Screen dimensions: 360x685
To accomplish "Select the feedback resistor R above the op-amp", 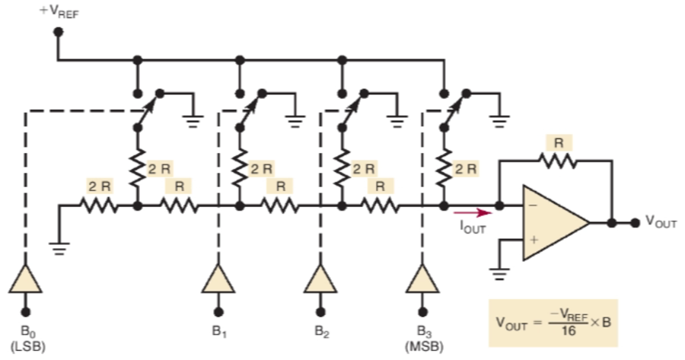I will tap(559, 161).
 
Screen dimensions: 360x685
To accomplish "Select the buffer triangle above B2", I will tap(320, 282).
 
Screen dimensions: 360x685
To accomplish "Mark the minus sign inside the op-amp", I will tap(532, 206).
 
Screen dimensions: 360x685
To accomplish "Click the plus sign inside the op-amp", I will tap(532, 240).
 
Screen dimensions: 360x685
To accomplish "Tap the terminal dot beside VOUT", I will tap(634, 223).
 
